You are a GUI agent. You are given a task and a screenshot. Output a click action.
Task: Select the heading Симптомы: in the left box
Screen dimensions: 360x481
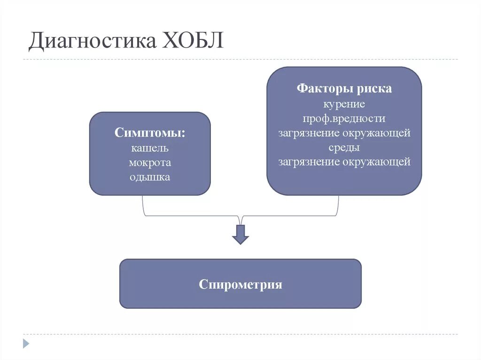click(150, 133)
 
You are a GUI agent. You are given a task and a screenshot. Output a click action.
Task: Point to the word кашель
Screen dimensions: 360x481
click(150, 148)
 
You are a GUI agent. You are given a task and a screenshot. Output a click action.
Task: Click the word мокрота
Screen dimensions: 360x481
click(150, 162)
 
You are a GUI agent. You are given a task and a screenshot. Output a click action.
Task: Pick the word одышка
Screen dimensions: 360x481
click(150, 177)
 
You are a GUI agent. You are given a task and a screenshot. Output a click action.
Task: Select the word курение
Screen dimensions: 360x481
click(344, 103)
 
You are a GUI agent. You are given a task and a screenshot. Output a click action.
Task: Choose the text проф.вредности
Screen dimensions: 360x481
click(344, 118)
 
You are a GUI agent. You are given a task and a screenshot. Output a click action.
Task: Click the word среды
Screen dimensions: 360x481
click(344, 147)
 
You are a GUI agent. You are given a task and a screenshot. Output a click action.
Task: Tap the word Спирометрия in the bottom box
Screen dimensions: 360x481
click(240, 284)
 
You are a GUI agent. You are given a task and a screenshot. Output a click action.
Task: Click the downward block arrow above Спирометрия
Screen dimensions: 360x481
click(240, 234)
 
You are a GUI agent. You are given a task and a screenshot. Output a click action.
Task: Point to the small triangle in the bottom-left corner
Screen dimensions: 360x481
click(26, 343)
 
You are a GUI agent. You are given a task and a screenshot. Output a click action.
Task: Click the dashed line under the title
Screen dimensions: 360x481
click(240, 60)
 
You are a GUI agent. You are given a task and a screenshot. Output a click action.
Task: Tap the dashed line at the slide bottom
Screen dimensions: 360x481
click(240, 334)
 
